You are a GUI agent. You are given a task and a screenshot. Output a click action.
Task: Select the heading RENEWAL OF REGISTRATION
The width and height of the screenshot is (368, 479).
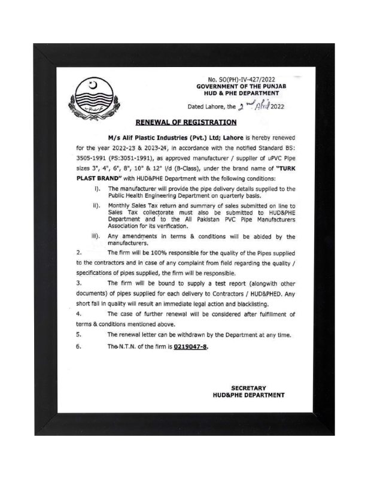186,122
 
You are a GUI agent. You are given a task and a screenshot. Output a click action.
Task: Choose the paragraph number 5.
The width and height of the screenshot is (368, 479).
80,335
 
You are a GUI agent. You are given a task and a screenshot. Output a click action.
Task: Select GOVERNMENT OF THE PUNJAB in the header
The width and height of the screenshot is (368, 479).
238,86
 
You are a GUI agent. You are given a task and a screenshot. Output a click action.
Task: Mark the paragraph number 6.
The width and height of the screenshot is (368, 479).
80,347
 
